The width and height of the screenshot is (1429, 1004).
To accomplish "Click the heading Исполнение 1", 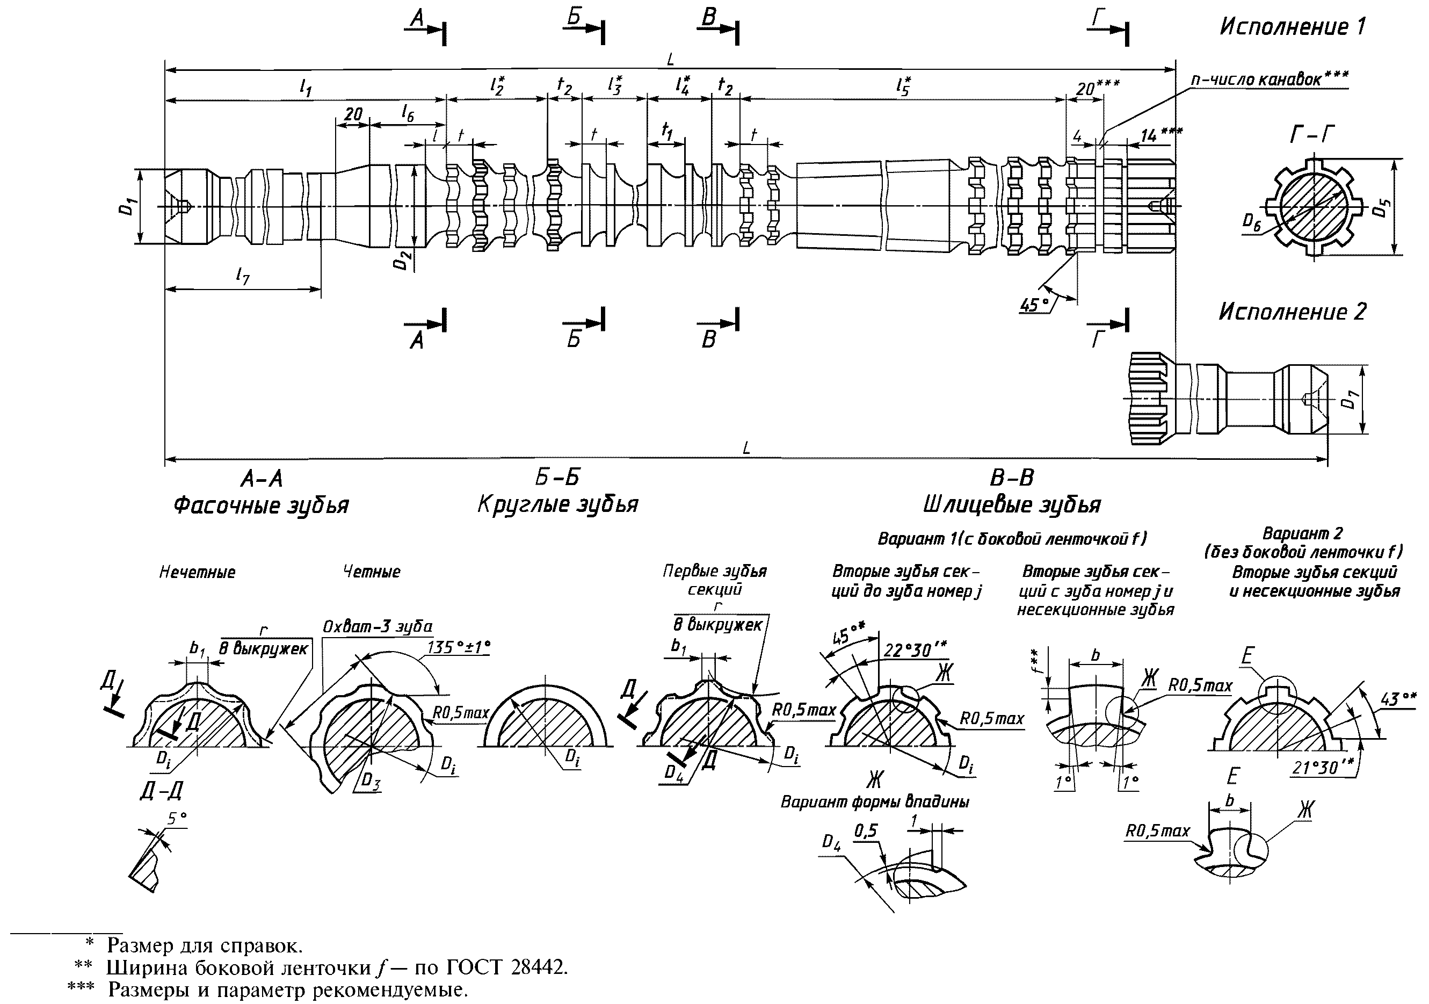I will [x=1292, y=27].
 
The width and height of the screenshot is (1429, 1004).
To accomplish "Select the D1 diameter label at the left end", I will [x=126, y=206].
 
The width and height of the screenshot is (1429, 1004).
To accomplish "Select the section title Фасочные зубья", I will [x=261, y=505].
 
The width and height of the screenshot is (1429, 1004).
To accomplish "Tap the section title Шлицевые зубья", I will [x=1012, y=504].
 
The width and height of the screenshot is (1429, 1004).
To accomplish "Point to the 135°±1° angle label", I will [x=459, y=647].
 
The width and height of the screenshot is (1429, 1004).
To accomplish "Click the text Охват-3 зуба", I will [x=377, y=626].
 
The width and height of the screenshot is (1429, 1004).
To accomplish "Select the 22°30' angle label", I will [x=915, y=650].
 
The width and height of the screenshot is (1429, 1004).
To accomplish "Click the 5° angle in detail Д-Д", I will [x=177, y=819].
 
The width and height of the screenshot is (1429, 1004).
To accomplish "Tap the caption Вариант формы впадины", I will [x=875, y=803].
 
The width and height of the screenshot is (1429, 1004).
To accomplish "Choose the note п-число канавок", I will [x=1270, y=80].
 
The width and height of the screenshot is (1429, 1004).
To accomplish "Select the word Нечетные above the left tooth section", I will [x=197, y=572].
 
